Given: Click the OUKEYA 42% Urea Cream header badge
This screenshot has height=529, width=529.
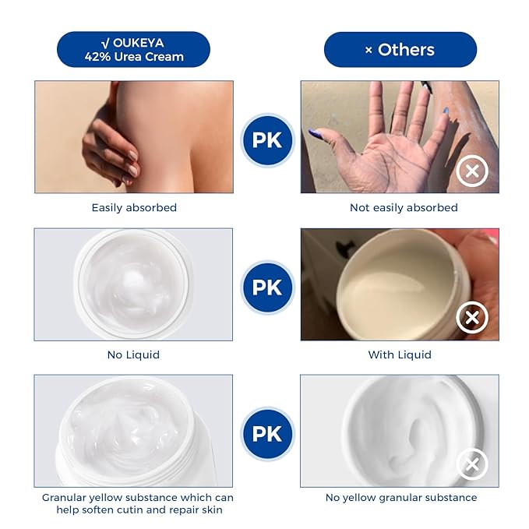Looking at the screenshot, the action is pyautogui.click(x=133, y=49).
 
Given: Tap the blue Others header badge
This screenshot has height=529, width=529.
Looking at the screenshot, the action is pyautogui.click(x=400, y=50).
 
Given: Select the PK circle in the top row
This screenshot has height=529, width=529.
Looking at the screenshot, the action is pyautogui.click(x=267, y=140).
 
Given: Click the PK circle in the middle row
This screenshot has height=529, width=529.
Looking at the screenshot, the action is pyautogui.click(x=267, y=287).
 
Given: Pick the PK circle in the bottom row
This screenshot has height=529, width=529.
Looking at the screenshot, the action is pyautogui.click(x=267, y=434).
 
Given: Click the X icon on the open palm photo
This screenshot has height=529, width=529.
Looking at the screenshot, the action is pyautogui.click(x=472, y=171).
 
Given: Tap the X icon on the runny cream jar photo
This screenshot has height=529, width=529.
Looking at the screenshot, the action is pyautogui.click(x=472, y=317).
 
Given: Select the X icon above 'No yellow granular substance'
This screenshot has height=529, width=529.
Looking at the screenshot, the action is pyautogui.click(x=472, y=464).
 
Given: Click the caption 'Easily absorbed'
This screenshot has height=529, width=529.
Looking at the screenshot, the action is pyautogui.click(x=134, y=207).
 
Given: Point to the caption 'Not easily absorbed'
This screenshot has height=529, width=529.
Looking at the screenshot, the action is pyautogui.click(x=404, y=207).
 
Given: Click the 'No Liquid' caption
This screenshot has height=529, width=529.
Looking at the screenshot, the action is pyautogui.click(x=133, y=354).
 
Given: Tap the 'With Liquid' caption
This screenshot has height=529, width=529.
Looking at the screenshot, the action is pyautogui.click(x=400, y=354).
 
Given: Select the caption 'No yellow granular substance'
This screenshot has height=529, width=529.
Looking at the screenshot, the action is pyautogui.click(x=401, y=498).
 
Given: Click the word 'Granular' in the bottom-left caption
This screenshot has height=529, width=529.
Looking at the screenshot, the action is pyautogui.click(x=64, y=498).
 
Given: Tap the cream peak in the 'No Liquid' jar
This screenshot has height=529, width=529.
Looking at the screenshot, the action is pyautogui.click(x=136, y=280).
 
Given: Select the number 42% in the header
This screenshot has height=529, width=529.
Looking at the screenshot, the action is pyautogui.click(x=97, y=56).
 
